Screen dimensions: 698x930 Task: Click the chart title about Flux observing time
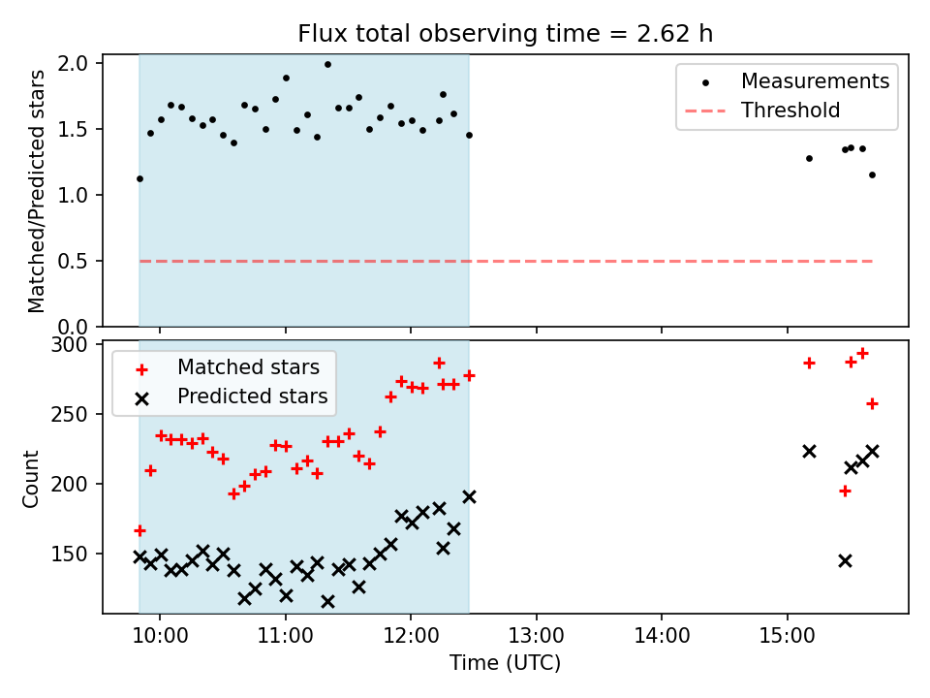tap(505, 34)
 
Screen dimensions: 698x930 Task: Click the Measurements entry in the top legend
tap(815, 81)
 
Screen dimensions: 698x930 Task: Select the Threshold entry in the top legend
tap(790, 111)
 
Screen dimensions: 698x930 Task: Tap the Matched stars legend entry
tap(248, 368)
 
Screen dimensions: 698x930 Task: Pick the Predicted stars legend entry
tap(252, 397)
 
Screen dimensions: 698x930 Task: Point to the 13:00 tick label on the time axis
tap(536, 639)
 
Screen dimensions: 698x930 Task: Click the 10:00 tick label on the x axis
tap(159, 639)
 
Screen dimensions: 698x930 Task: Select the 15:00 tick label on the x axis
tap(787, 639)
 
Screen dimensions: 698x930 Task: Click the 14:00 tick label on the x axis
tap(662, 639)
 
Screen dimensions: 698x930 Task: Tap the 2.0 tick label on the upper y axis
tap(75, 64)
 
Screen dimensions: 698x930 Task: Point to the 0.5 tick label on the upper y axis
tap(75, 262)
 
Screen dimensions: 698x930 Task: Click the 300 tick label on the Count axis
tap(73, 345)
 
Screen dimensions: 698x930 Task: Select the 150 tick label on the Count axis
tap(73, 555)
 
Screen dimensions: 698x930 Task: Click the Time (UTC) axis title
tap(505, 665)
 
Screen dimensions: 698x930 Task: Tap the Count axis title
tap(32, 478)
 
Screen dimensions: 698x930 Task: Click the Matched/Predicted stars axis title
tap(37, 191)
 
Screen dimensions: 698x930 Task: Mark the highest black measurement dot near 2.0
tap(327, 65)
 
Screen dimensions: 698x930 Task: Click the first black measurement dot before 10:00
tap(139, 178)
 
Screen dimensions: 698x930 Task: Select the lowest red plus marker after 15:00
tap(845, 491)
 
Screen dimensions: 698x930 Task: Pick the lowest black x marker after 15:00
tap(845, 560)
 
